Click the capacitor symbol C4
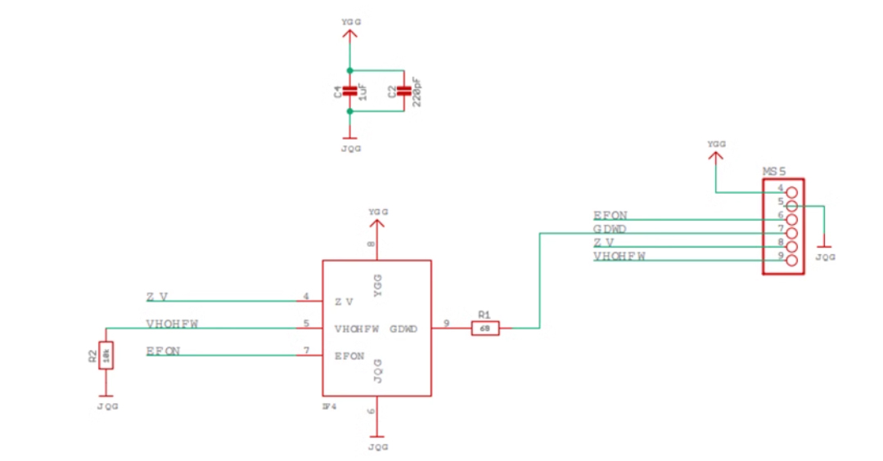pos(349,90)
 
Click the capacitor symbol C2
pos(403,90)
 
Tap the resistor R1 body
pos(484,328)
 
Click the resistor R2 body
pos(105,356)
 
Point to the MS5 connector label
pos(774,172)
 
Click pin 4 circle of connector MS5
pos(791,192)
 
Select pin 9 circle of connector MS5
pos(791,261)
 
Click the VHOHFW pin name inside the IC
pos(357,329)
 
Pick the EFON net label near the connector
pos(610,215)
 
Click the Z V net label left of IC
pos(157,297)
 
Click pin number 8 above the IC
pos(371,244)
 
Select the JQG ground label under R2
pos(106,406)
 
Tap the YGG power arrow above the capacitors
pos(350,34)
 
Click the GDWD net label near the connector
pos(610,229)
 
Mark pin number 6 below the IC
pos(371,413)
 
